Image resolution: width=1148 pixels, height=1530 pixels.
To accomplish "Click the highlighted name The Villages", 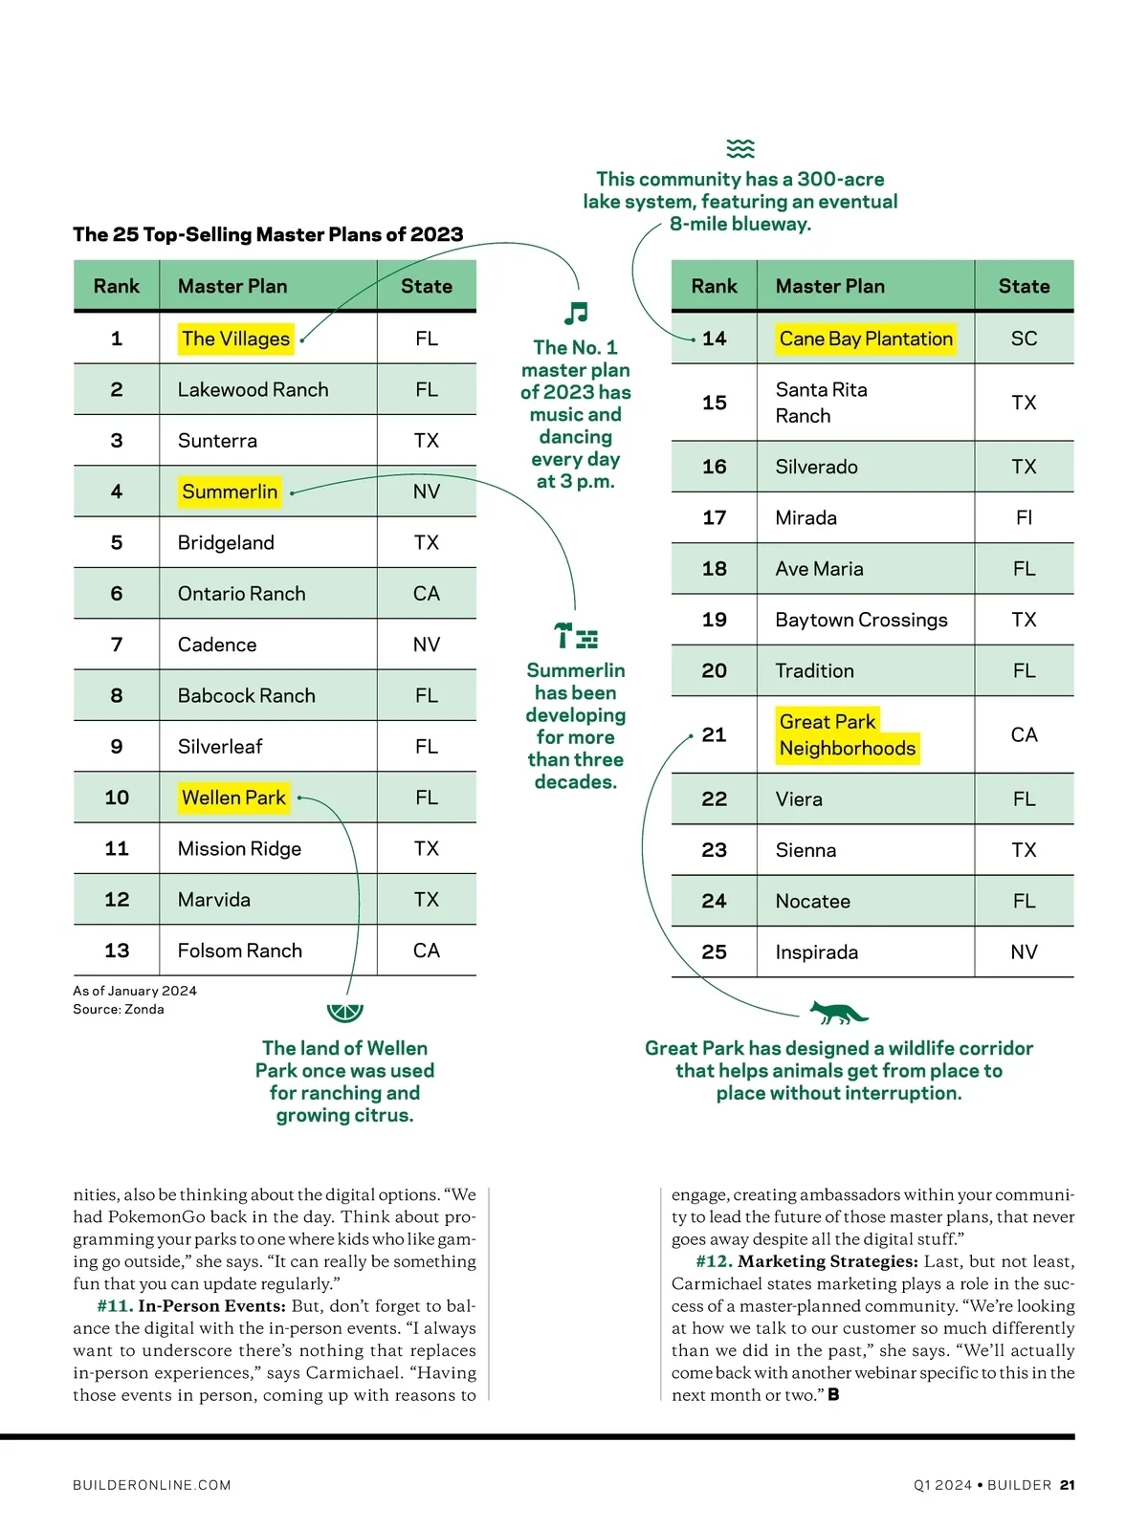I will pos(235,339).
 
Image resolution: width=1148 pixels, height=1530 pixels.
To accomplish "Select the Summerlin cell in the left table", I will pos(230,492).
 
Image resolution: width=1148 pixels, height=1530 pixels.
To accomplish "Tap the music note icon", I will pos(576,313).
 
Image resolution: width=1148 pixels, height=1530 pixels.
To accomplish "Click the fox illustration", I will pos(837,1012).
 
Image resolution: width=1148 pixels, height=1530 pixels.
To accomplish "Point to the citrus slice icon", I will pos(344,1012).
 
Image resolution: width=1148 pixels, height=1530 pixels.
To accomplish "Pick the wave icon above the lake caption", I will pos(740,148).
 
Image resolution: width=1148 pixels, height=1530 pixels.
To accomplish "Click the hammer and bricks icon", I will pos(576,636).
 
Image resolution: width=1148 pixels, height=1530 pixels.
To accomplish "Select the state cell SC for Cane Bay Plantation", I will pos(1024,339).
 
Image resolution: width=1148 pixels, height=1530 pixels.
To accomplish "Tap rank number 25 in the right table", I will pos(714,952).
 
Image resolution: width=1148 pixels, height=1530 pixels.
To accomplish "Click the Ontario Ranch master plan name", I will pos(241,594).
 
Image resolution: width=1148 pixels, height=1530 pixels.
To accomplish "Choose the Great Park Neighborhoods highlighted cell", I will pos(847,734).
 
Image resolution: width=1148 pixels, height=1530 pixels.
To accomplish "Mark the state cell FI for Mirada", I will pos(1024,517).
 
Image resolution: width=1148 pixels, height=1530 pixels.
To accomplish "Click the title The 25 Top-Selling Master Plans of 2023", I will pos(268,234).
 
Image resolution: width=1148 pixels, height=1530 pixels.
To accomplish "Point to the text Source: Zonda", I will pos(119,1009).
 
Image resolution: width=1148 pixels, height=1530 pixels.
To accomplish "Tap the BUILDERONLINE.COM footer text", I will pos(152,1485).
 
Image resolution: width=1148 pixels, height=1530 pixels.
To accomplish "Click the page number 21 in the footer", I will pos(1068,1485).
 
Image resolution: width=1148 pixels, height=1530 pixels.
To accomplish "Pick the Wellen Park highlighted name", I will pos(233,798).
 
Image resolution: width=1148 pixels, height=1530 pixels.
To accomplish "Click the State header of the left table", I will pos(427,286).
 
